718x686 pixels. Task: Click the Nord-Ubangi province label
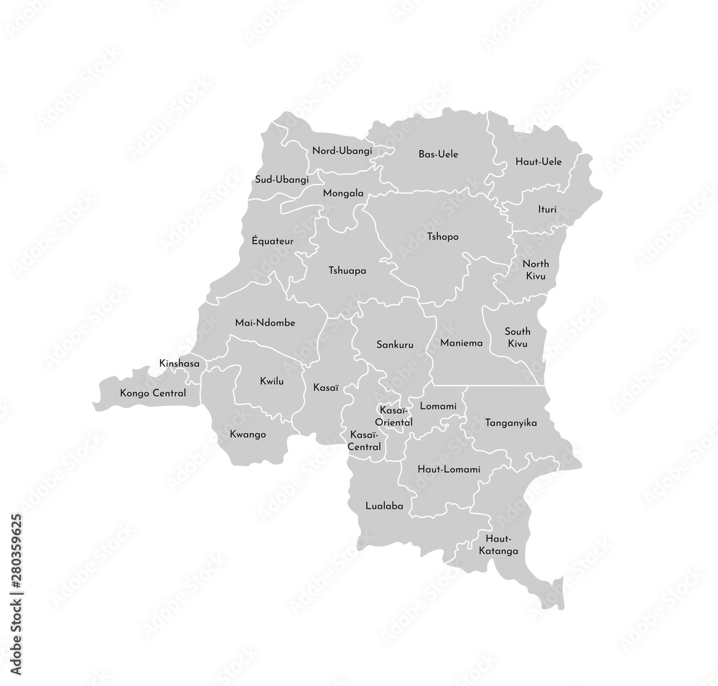point(342,151)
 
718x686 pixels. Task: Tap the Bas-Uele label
point(438,154)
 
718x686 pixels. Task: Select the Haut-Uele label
point(538,162)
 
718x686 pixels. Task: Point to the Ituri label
point(547,210)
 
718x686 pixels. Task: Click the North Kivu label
point(536,270)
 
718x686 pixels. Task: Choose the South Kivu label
point(517,338)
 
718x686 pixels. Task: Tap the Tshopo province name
point(442,236)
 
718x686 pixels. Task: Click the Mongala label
point(343,193)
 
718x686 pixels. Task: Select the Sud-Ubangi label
point(281,179)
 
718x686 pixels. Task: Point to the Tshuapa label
point(348,271)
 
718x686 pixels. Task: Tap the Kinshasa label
point(179,365)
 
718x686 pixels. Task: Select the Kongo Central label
point(153,394)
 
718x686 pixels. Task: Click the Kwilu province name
point(271,381)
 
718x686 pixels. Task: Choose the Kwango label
point(249,434)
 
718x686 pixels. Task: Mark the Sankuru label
point(395,345)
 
